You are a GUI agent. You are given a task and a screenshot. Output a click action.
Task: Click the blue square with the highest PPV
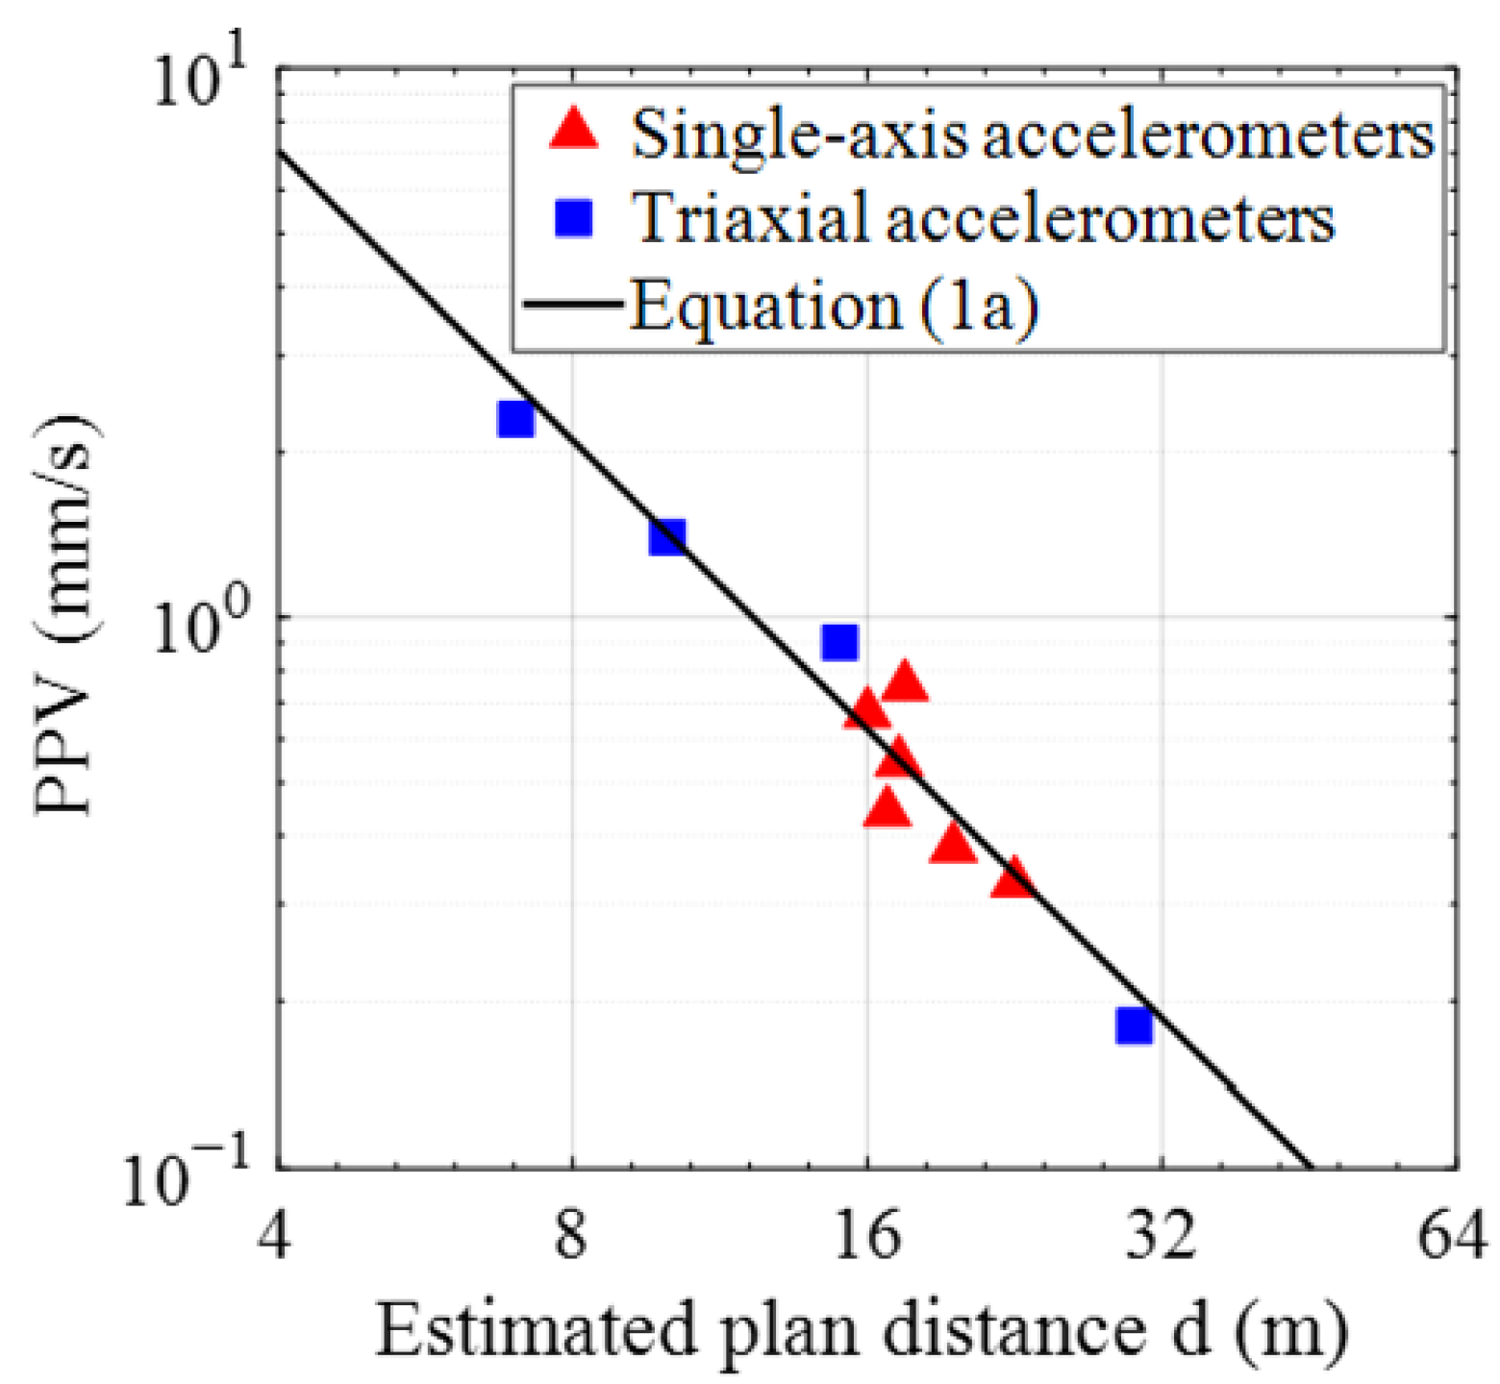coord(515,419)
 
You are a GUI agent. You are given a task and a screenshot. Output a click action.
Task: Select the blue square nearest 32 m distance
coord(1135,1026)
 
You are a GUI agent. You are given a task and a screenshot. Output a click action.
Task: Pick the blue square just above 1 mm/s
coord(666,537)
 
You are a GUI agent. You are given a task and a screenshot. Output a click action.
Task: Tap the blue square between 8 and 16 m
coord(839,641)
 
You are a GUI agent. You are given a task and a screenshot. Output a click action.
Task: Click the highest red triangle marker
coord(904,683)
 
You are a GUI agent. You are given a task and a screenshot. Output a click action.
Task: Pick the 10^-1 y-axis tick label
coord(187,1176)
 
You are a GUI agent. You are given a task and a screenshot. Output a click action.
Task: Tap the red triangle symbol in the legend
coord(574,130)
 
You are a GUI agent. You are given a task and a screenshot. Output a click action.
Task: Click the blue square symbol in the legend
coord(574,218)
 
